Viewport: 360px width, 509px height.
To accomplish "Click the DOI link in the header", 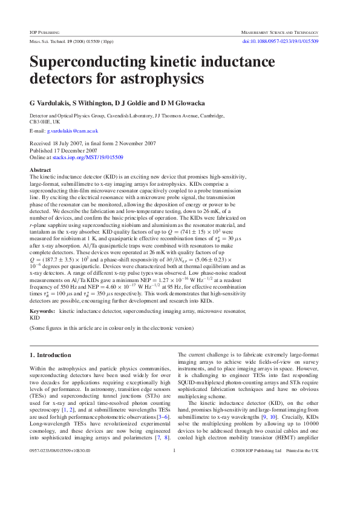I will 280,41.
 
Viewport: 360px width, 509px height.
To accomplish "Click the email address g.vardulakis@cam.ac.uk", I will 72,131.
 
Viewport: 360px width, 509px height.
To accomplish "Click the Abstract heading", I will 41,170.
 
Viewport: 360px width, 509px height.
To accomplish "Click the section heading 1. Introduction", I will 50,355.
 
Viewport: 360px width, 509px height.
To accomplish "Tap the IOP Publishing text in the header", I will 45,30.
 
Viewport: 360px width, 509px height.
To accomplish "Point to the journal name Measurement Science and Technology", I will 280,30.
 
